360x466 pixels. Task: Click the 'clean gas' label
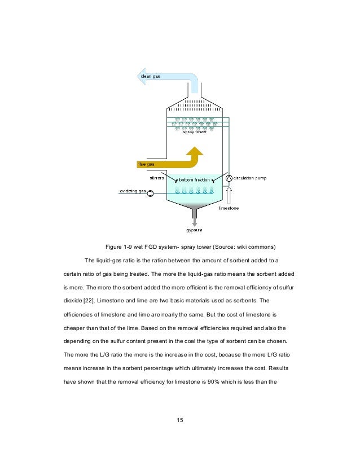[x=150, y=76]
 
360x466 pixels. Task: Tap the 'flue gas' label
[x=146, y=164]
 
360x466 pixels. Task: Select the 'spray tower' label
[x=195, y=131]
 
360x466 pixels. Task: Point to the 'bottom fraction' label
[x=195, y=180]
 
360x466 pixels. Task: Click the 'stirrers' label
[x=157, y=178]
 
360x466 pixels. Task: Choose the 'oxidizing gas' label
[x=133, y=191]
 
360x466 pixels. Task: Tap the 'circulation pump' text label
[x=250, y=178]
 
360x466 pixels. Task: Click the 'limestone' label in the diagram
[x=229, y=208]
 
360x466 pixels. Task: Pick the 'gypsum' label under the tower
[x=195, y=230]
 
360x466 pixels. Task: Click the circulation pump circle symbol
[x=229, y=178]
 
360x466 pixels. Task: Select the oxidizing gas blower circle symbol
[x=151, y=193]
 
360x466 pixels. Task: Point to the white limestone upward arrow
[x=229, y=195]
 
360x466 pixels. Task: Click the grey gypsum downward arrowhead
[x=195, y=224]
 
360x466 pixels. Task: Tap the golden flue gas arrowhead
[x=195, y=151]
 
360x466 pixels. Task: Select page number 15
[x=180, y=420]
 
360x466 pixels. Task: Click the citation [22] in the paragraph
[x=88, y=301]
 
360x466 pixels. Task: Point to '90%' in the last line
[x=213, y=381]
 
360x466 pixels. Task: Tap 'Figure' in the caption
[x=113, y=247]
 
